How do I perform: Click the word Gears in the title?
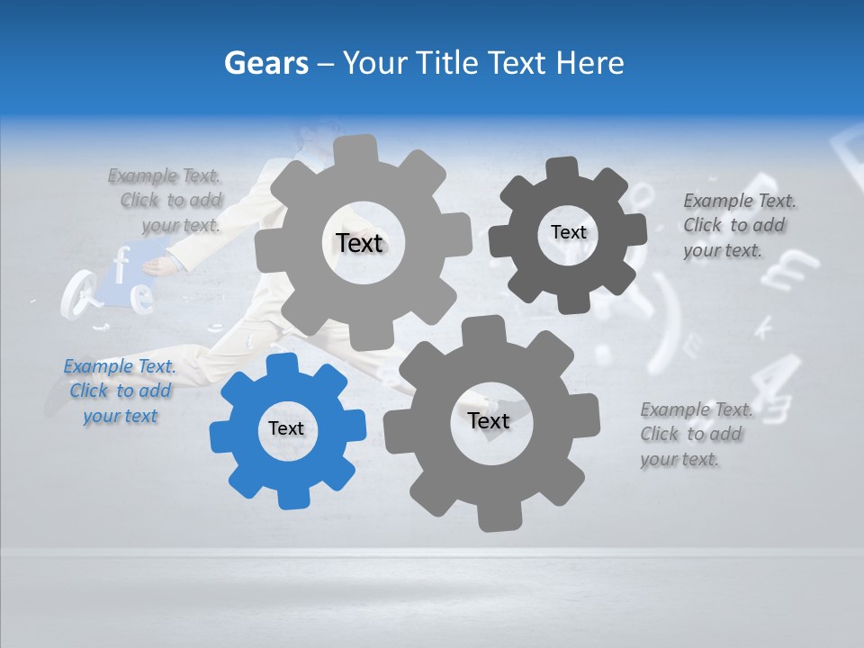[265, 63]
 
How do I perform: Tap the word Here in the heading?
[589, 63]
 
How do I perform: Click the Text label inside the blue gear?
[286, 429]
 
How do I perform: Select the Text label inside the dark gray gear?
[568, 232]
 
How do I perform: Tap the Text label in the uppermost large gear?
[359, 243]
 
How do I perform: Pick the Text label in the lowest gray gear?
[489, 421]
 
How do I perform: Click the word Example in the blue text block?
[98, 366]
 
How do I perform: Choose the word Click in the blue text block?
[88, 391]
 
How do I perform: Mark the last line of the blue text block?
[120, 416]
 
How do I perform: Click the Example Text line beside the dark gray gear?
[739, 201]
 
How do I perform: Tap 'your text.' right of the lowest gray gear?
[679, 459]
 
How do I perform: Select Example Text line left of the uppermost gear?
[164, 175]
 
